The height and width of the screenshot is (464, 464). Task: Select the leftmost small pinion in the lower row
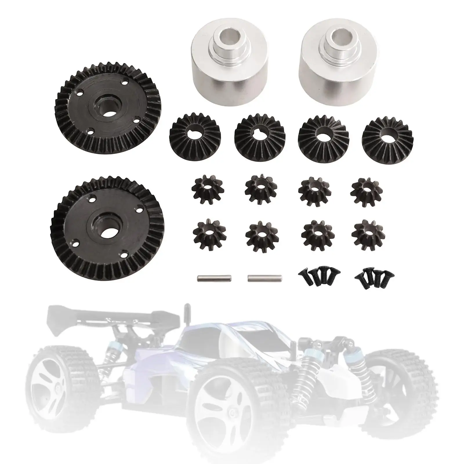tap(206, 232)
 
